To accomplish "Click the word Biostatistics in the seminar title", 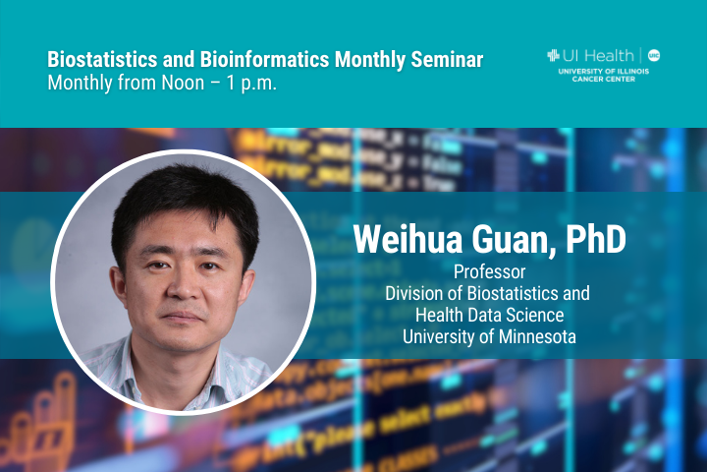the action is (x=102, y=60).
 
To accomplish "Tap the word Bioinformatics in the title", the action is (x=265, y=60).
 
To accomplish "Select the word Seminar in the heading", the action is (x=447, y=60).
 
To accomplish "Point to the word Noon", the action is (x=183, y=84).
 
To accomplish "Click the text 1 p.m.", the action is (x=251, y=84).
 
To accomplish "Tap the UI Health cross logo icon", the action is (x=553, y=55).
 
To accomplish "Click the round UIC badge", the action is (x=654, y=55).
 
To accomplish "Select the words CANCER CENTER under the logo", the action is (x=603, y=79).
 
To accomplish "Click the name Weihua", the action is (x=408, y=239).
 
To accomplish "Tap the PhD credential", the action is (x=596, y=239).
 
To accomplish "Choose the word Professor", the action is (x=490, y=272).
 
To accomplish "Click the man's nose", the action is (x=183, y=288).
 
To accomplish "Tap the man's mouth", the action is (x=183, y=317).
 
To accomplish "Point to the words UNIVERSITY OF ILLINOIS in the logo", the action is (x=603, y=72).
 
